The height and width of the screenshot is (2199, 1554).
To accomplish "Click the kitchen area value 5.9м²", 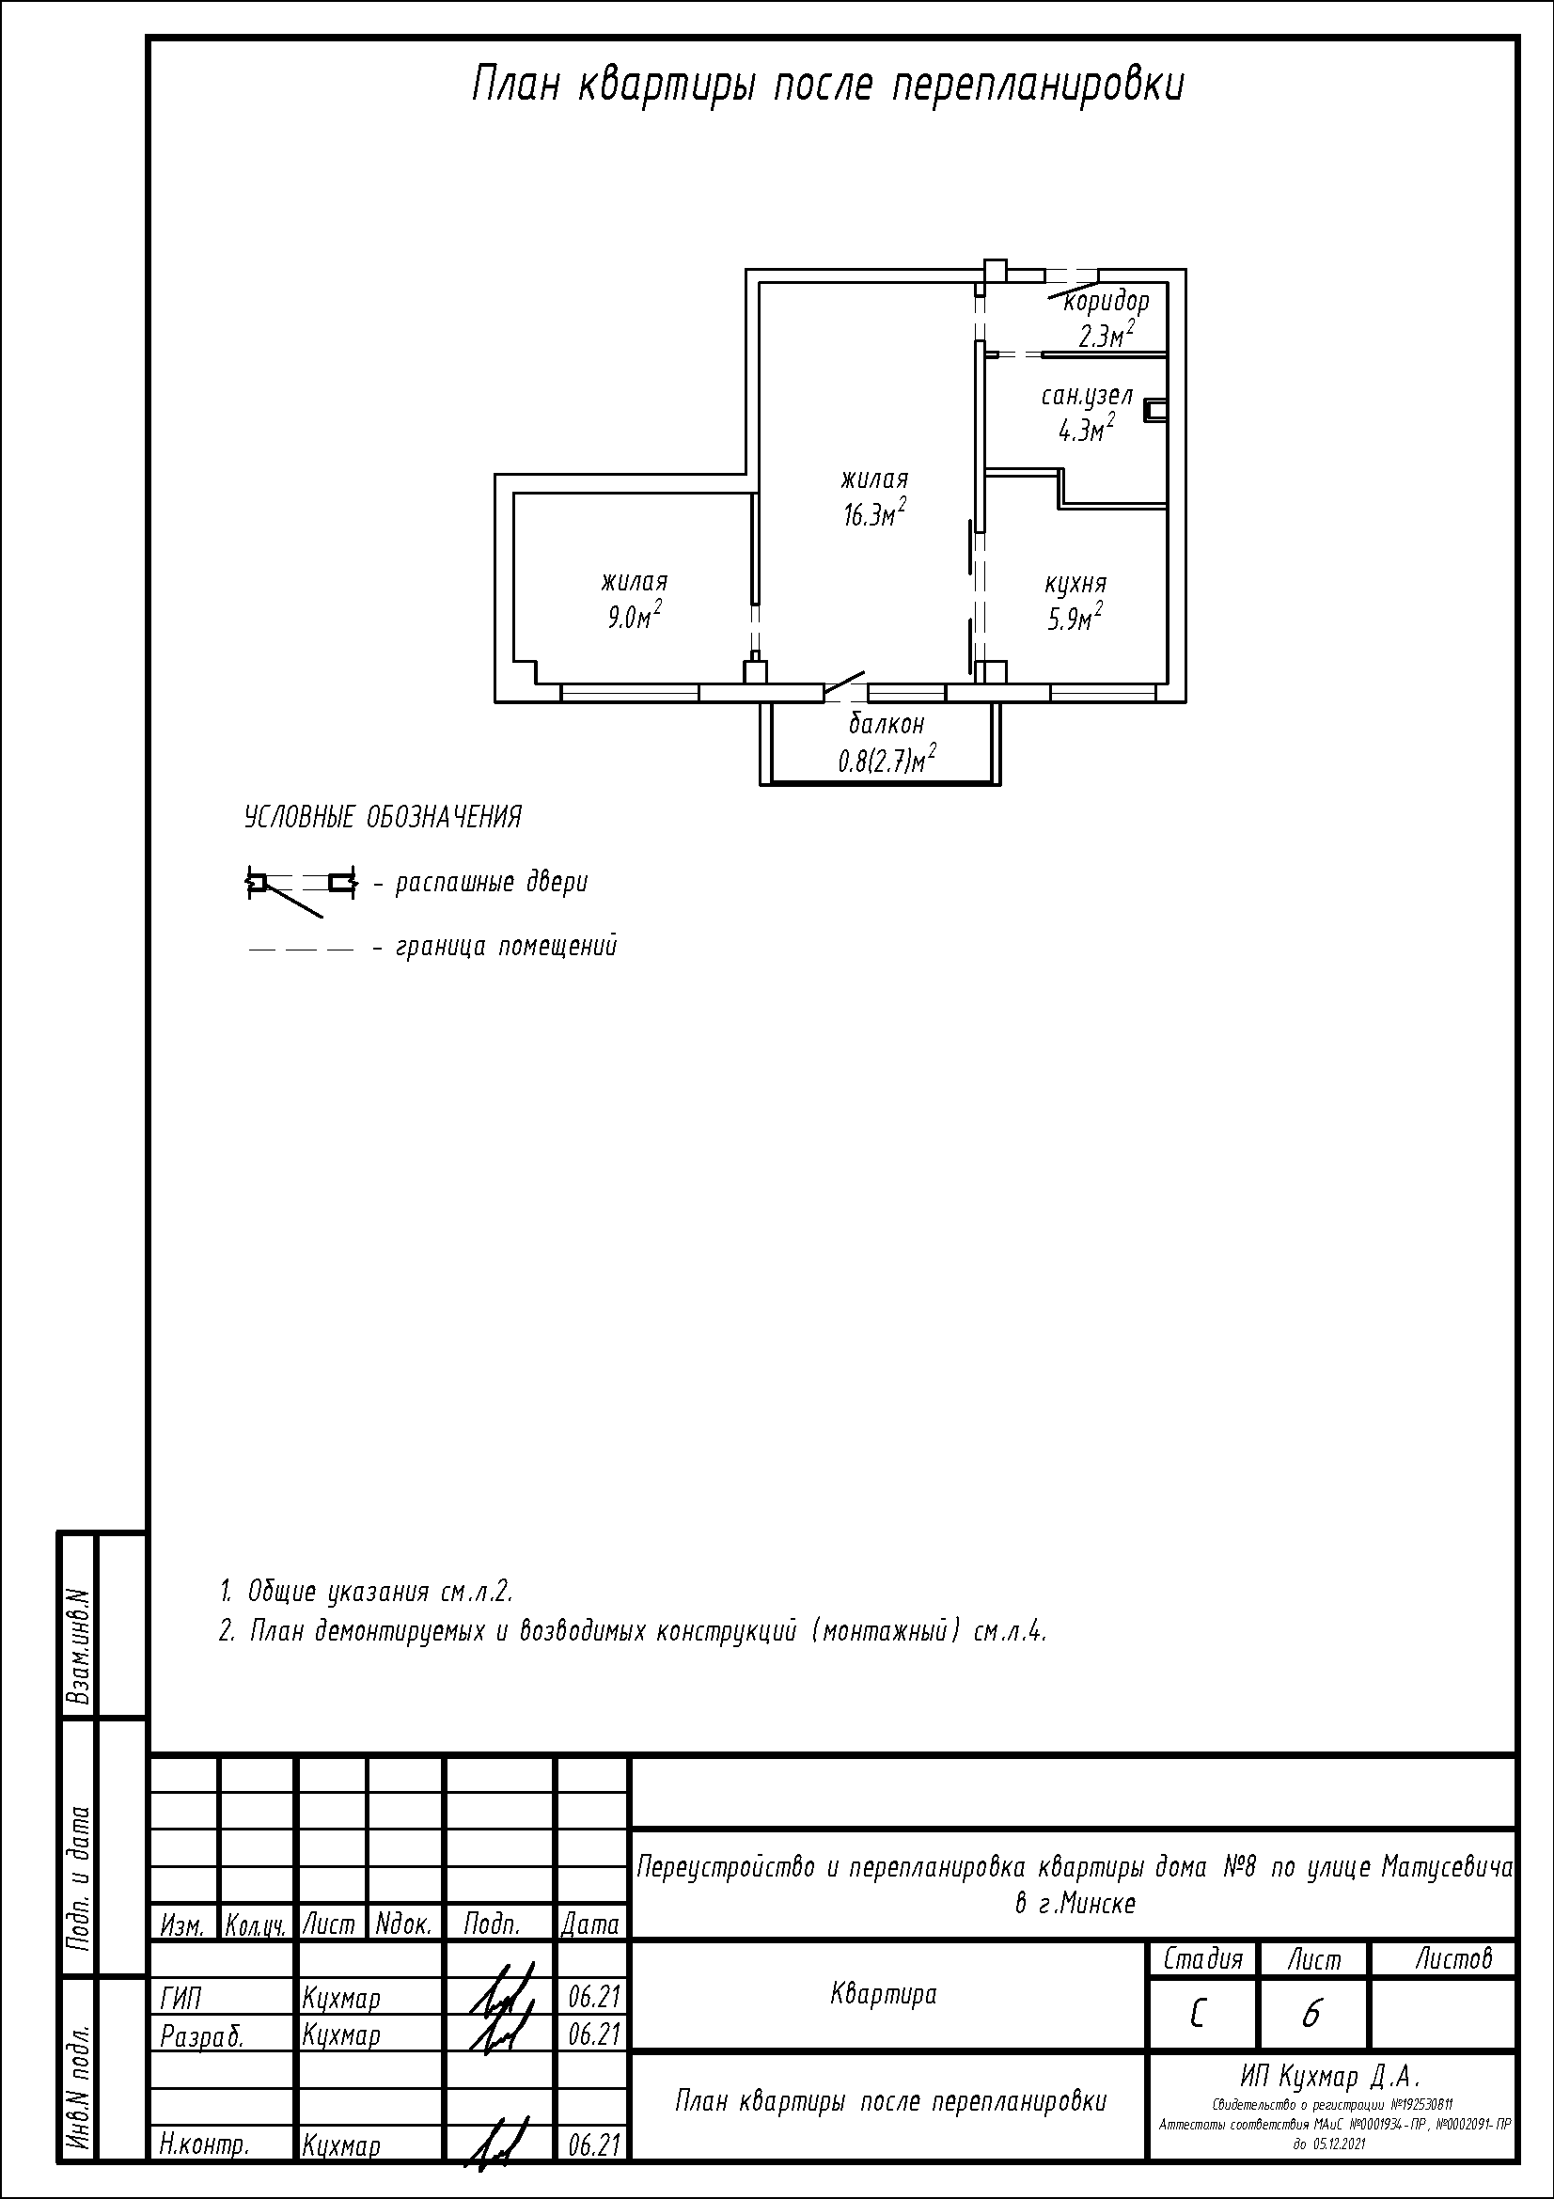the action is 1075,618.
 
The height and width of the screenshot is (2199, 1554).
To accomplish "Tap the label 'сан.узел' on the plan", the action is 1087,397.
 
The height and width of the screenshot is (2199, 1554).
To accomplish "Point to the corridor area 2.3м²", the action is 1107,336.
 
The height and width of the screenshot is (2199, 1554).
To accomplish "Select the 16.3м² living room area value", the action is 875,514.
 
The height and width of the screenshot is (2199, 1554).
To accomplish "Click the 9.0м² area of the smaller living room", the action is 635,616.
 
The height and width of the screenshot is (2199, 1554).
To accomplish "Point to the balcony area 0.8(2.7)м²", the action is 887,761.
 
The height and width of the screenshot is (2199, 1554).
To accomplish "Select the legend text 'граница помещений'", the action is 507,947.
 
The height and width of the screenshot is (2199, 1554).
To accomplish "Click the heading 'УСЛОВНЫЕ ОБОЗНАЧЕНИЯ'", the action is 383,818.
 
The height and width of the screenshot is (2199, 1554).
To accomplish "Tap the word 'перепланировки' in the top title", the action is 1039,86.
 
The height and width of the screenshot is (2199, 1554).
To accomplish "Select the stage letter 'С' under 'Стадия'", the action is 1198,2015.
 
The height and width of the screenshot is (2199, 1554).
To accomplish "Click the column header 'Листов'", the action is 1453,1958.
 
